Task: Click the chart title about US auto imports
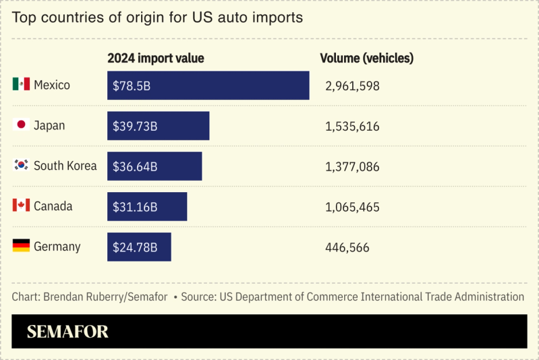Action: tap(157, 18)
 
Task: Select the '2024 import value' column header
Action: tap(155, 59)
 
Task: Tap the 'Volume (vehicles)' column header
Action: tap(366, 59)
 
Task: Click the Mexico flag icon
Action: tap(21, 84)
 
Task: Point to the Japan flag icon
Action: tap(21, 125)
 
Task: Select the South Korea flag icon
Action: tap(21, 165)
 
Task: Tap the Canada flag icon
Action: tap(21, 206)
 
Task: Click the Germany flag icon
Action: tap(21, 246)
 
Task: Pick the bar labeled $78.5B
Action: tap(208, 86)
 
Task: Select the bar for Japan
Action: tap(158, 126)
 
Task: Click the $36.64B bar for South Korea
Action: tap(154, 167)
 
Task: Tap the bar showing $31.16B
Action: tap(147, 207)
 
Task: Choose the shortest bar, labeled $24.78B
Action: tap(139, 247)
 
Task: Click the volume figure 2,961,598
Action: tap(352, 86)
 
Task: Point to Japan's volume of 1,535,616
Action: tap(352, 127)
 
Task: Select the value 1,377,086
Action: tap(352, 167)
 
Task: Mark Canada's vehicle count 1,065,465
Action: tap(352, 208)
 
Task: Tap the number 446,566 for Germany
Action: tap(347, 248)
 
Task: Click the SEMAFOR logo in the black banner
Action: tap(67, 332)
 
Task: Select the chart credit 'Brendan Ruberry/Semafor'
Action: tap(105, 297)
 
